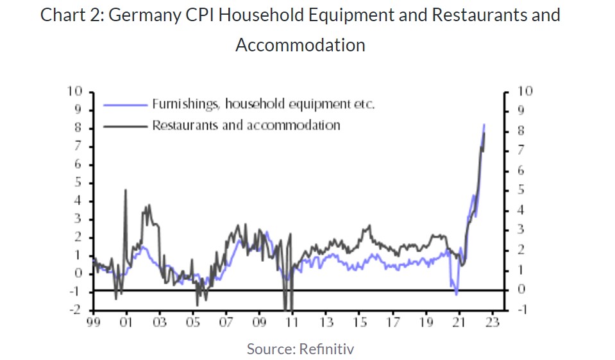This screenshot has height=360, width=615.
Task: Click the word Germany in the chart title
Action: pyautogui.click(x=142, y=15)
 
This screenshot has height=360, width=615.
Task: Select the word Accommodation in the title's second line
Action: pyautogui.click(x=300, y=46)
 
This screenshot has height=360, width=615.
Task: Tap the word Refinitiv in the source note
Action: pyautogui.click(x=326, y=349)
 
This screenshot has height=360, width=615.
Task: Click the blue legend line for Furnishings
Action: pyautogui.click(x=126, y=104)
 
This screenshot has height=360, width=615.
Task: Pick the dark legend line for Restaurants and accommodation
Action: pyautogui.click(x=126, y=126)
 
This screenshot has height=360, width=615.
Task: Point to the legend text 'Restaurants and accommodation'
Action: pyautogui.click(x=246, y=125)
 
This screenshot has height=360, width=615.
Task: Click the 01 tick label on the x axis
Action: pyautogui.click(x=126, y=322)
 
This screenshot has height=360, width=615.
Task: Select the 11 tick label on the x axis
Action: pyautogui.click(x=292, y=322)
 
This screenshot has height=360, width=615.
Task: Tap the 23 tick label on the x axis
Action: pyautogui.click(x=492, y=322)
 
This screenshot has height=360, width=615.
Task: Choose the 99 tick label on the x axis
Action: pyautogui.click(x=94, y=322)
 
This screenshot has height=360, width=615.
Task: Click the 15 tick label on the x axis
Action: pyautogui.click(x=359, y=322)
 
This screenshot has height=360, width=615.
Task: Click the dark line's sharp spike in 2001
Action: pyautogui.click(x=126, y=191)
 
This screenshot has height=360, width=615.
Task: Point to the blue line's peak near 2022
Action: pyautogui.click(x=484, y=124)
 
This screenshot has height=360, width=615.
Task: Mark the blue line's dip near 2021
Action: pyautogui.click(x=456, y=294)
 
